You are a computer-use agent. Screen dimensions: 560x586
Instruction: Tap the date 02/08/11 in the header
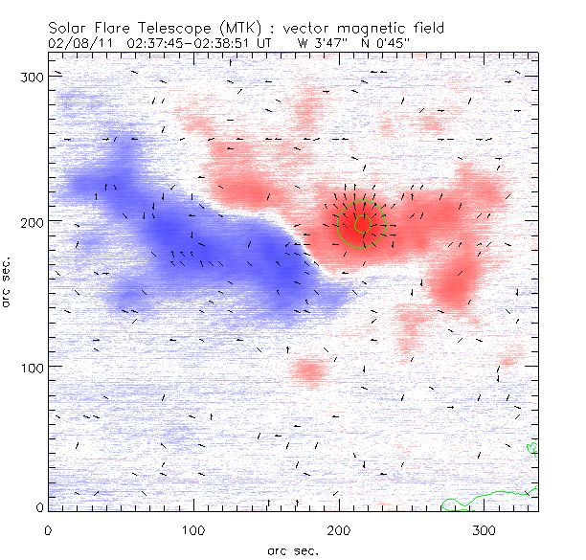(73, 42)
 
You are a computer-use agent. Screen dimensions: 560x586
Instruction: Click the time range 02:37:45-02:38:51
(195, 42)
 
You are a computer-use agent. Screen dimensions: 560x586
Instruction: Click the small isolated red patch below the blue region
(309, 370)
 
